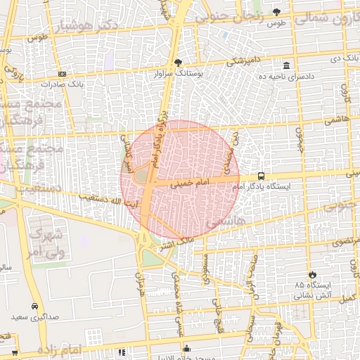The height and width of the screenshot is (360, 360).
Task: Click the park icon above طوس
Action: coord(276,12)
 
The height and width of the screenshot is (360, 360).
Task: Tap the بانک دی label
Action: coord(342,56)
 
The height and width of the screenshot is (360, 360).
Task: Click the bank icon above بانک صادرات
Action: coord(62,73)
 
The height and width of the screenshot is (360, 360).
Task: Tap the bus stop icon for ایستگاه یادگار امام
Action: coord(262,176)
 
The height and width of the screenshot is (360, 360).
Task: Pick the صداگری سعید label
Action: coord(35,317)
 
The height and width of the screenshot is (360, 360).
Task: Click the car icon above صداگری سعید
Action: coord(35,307)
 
